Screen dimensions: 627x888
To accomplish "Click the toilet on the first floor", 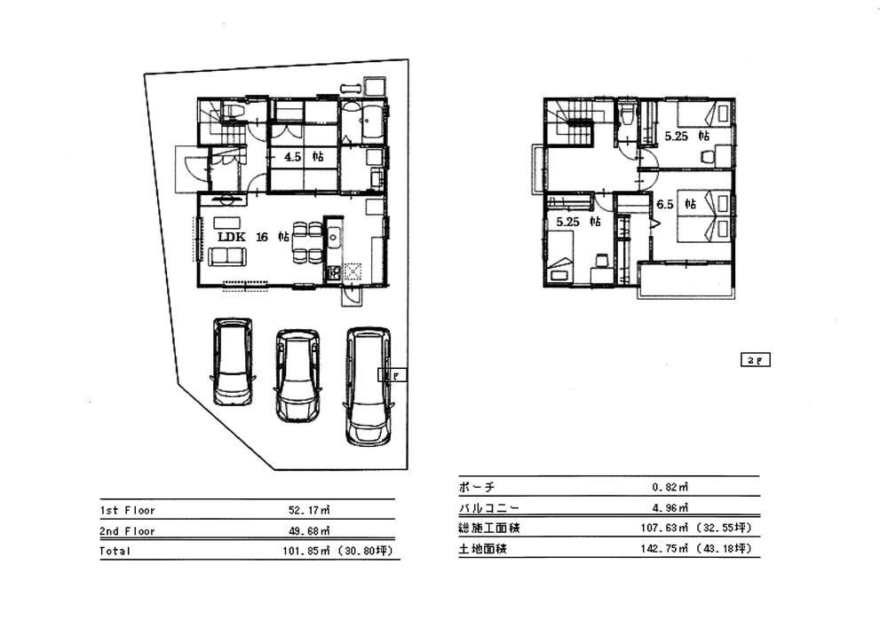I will (x=234, y=113).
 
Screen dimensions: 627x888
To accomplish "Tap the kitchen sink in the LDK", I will (x=333, y=236).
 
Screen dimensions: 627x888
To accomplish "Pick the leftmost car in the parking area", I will (x=233, y=361).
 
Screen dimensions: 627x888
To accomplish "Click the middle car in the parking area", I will (x=297, y=374).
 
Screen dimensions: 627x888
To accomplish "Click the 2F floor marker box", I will (x=757, y=360).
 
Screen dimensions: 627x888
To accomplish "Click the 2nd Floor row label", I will (x=127, y=531).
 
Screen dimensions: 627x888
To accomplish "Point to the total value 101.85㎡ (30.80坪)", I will (x=336, y=551).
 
